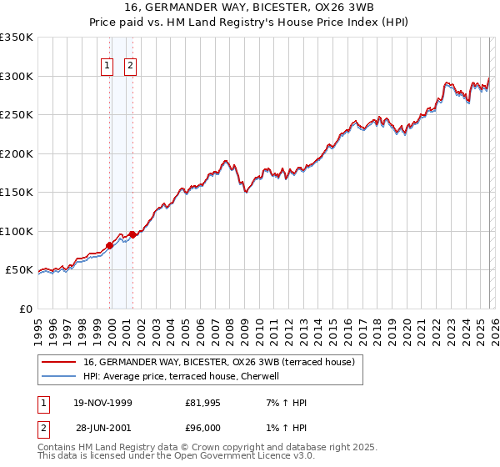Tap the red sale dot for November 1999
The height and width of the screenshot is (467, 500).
(x=109, y=245)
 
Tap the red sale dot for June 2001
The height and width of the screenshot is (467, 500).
(x=132, y=234)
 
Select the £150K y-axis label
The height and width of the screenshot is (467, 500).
(x=17, y=193)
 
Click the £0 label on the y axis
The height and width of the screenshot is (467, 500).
(x=25, y=309)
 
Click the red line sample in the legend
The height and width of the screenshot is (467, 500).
(x=59, y=362)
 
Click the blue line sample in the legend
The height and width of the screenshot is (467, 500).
(x=59, y=376)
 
